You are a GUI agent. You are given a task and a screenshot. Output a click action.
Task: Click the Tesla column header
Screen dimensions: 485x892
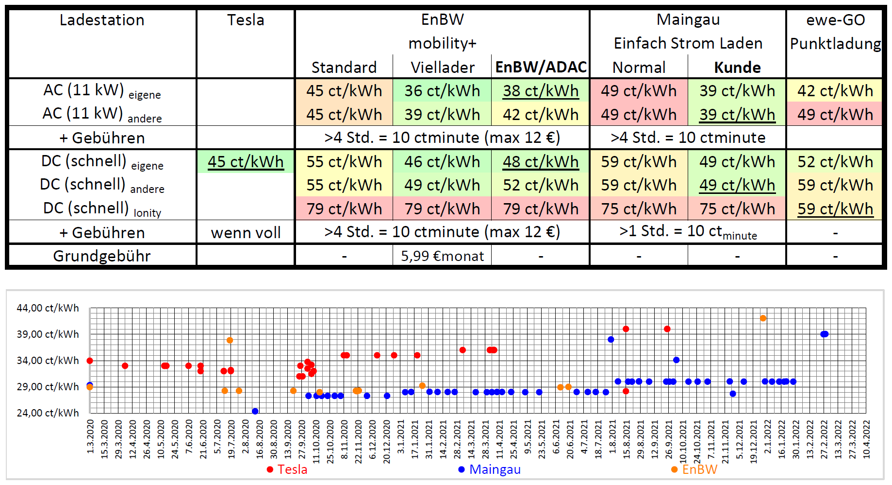246,20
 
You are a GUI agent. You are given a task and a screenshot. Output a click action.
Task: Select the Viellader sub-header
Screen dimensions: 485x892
442,67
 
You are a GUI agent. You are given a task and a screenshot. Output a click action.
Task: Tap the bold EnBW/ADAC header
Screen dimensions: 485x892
541,67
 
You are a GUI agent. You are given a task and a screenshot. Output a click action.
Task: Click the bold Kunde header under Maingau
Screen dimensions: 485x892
737,67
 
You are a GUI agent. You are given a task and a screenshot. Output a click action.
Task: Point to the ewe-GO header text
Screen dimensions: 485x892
835,20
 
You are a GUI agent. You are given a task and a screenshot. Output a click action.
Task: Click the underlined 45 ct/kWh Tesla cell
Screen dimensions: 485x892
246,161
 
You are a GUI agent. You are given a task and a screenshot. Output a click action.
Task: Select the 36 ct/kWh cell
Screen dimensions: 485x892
442,91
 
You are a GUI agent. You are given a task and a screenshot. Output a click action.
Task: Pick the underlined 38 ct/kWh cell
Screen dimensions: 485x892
541,91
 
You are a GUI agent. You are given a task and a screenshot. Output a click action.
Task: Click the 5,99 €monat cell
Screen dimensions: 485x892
442,256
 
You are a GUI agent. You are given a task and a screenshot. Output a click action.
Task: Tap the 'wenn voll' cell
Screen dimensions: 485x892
246,233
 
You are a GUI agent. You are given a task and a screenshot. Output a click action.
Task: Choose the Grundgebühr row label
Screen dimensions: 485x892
102,256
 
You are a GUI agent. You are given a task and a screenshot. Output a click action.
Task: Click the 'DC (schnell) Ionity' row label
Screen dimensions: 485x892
102,209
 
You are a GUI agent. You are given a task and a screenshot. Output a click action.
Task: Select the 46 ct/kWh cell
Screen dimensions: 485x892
442,161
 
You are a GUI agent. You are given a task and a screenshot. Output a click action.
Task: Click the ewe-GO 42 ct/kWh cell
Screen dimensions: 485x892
835,91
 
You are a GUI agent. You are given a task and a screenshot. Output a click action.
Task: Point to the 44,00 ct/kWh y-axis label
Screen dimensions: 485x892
48,308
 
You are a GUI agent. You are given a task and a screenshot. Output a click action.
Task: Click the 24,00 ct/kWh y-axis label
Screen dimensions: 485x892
48,413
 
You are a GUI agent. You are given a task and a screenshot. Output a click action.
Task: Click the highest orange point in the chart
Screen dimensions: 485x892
763,318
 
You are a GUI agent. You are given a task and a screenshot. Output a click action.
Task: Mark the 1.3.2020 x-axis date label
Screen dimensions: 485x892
90,436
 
